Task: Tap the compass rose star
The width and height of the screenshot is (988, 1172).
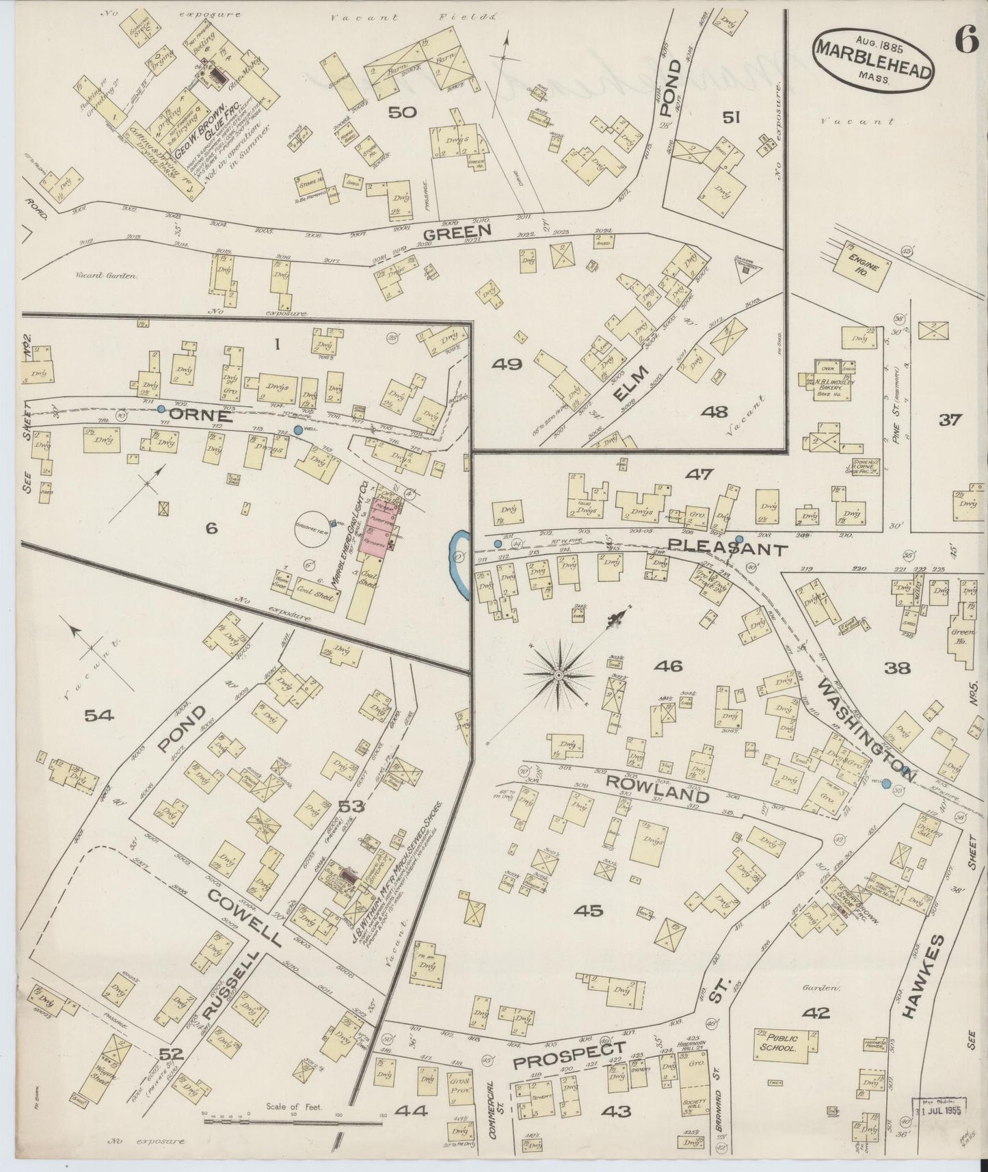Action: pyautogui.click(x=560, y=675)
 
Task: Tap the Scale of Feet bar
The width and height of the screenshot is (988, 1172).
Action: pyautogui.click(x=294, y=1121)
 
